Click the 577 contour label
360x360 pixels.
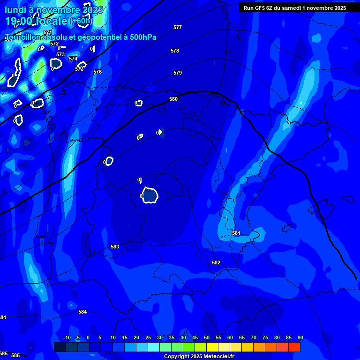tap(178, 28)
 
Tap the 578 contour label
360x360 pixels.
tap(175, 51)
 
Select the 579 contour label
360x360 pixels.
tap(178, 73)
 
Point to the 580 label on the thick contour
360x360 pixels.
tap(173, 99)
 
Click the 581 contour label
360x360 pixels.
tap(236, 233)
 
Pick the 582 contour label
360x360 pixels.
tap(216, 263)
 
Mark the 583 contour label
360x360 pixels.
tap(115, 247)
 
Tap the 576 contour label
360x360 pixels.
tap(97, 72)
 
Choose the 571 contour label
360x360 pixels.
tap(47, 32)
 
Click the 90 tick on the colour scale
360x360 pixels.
tap(300, 338)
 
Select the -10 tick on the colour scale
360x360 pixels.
tap(67, 338)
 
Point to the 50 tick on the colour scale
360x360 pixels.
tap(207, 338)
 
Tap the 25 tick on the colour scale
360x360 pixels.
tap(148, 338)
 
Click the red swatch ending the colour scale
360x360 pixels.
tap(294, 347)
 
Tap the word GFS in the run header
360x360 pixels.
tap(262, 8)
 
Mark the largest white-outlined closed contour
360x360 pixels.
tap(150, 195)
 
